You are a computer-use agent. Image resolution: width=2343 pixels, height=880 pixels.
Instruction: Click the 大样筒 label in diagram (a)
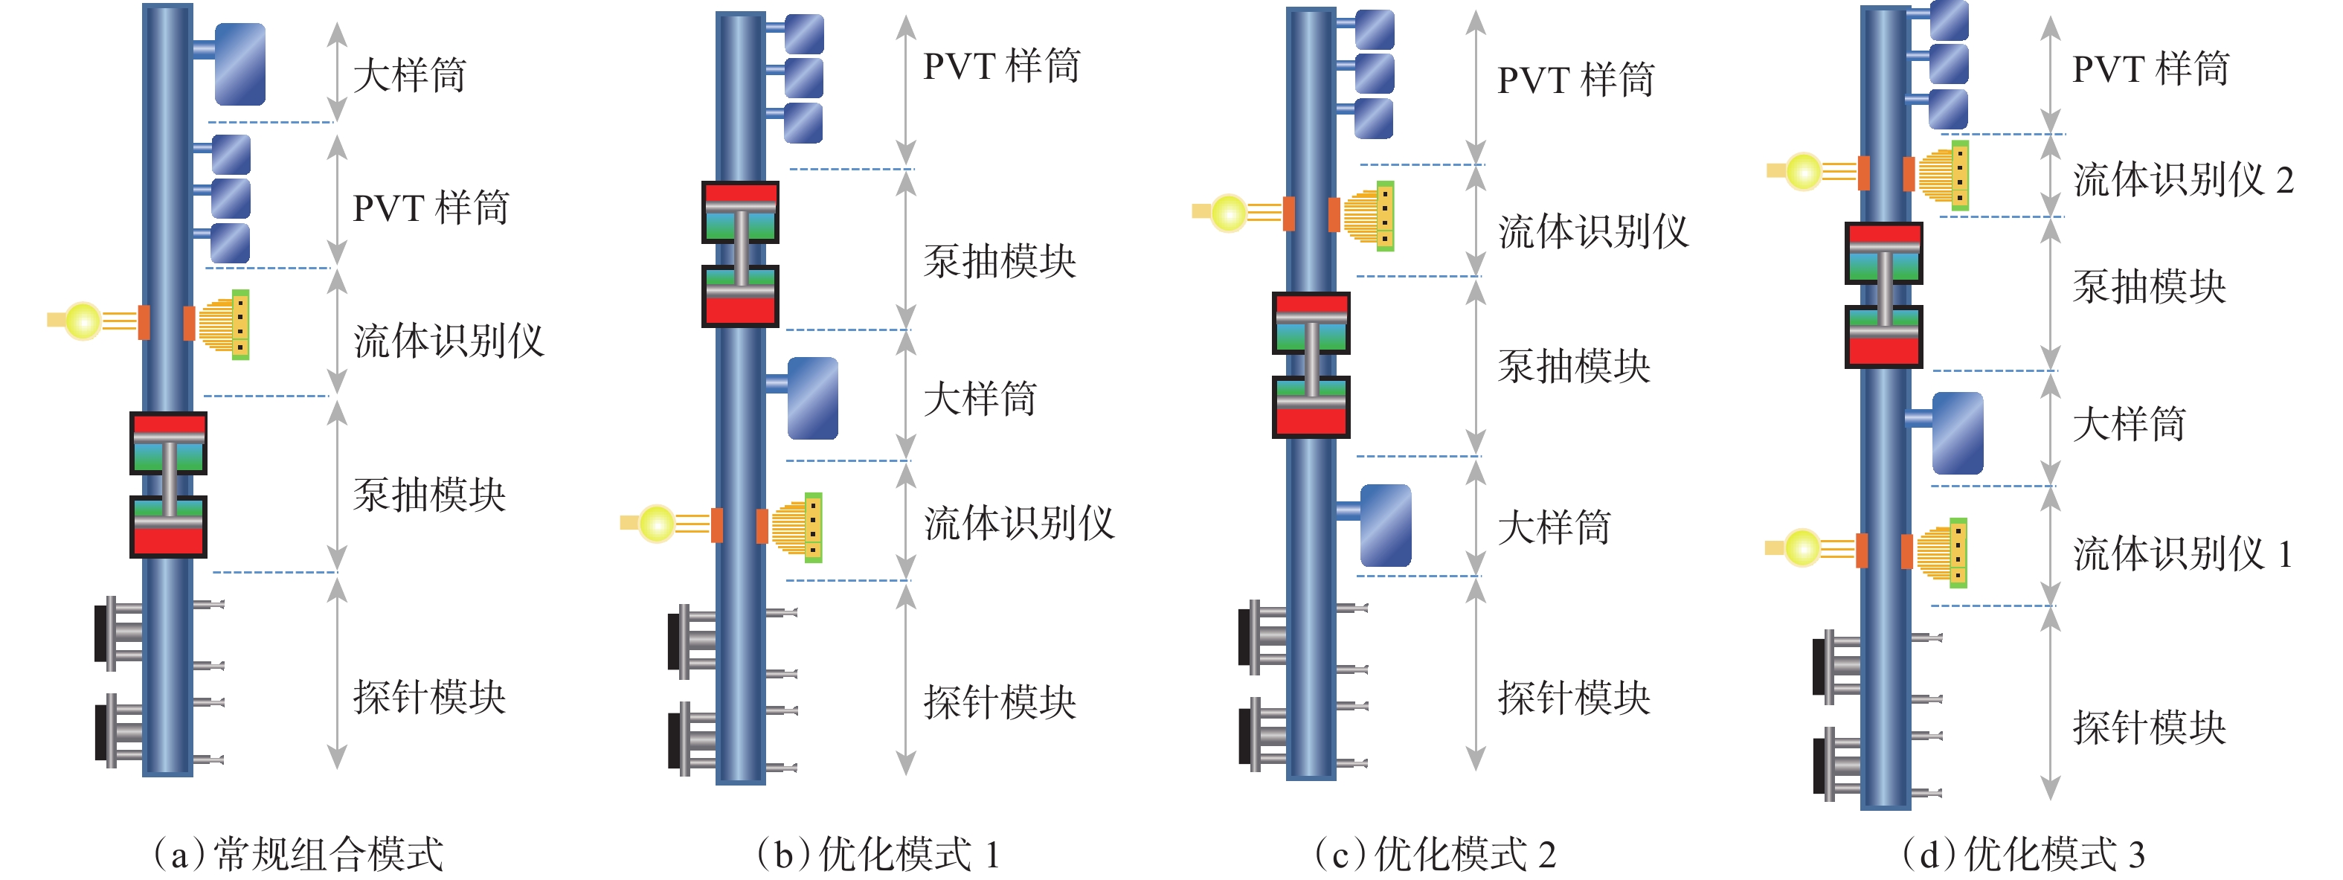pos(408,74)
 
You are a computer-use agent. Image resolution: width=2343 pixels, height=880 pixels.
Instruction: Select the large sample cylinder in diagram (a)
pos(240,64)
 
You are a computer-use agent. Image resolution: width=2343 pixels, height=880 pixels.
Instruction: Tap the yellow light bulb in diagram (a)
pos(83,321)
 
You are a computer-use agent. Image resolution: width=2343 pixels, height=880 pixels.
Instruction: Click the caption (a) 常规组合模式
pos(298,855)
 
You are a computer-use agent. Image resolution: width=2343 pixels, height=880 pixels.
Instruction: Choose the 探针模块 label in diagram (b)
pos(1000,701)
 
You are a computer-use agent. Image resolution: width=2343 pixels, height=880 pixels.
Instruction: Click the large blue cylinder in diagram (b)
pos(812,398)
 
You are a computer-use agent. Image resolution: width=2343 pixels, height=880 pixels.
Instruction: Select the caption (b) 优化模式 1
pos(878,855)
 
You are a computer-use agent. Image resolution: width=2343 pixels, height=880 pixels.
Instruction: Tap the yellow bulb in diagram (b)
pos(656,523)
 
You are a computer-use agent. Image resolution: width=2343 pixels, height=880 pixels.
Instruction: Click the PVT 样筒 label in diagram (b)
pos(1001,66)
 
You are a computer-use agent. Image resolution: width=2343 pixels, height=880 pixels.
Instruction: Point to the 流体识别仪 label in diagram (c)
pos(1593,231)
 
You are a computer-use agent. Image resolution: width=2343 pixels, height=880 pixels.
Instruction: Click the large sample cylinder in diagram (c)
pos(1385,525)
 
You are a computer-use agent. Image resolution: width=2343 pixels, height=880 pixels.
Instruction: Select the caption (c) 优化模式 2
pos(1436,855)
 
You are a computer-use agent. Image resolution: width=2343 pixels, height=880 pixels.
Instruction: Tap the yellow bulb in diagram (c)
pos(1228,213)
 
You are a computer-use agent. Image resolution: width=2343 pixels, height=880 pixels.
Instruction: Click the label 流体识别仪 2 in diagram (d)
pos(2183,179)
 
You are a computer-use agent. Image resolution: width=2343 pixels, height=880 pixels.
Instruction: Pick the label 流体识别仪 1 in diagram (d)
pos(2182,553)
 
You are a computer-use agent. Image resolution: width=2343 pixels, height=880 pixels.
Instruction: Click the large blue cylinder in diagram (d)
pos(1956,433)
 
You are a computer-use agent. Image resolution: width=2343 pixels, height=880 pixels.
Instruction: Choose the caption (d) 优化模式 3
pos(2024,855)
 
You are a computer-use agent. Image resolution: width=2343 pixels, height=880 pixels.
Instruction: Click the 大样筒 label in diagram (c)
pos(1554,527)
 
